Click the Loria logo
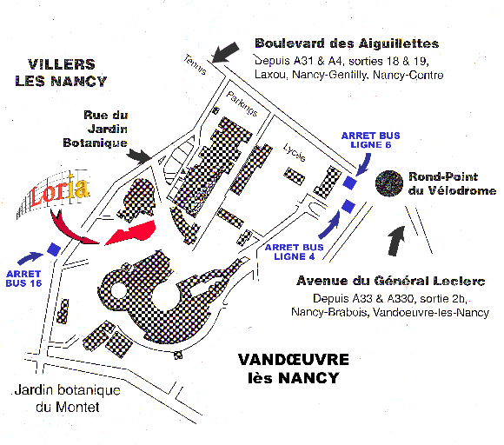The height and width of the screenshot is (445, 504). pyautogui.click(x=53, y=193)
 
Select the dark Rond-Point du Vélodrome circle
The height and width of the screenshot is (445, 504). pyautogui.click(x=389, y=183)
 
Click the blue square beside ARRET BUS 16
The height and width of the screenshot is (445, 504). pyautogui.click(x=54, y=249)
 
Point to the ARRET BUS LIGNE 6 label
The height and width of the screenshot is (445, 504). pyautogui.click(x=370, y=140)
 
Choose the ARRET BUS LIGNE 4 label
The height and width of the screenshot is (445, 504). pyautogui.click(x=294, y=252)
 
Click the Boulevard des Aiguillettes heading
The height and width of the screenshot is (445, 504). pyautogui.click(x=347, y=43)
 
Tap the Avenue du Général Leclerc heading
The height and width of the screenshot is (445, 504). pyautogui.click(x=390, y=281)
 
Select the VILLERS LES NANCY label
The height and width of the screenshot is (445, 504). pyautogui.click(x=61, y=73)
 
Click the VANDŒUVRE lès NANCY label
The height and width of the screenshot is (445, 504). pyautogui.click(x=294, y=369)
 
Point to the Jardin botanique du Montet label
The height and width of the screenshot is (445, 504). pyautogui.click(x=68, y=398)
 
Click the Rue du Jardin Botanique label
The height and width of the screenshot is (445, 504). pyautogui.click(x=96, y=129)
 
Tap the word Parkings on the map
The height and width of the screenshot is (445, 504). pyautogui.click(x=242, y=103)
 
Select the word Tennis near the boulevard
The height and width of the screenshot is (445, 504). pyautogui.click(x=196, y=64)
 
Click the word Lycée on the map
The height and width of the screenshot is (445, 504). pyautogui.click(x=294, y=153)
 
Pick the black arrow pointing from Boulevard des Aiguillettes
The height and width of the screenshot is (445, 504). pyautogui.click(x=226, y=52)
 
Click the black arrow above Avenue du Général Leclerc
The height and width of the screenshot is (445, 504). pyautogui.click(x=396, y=241)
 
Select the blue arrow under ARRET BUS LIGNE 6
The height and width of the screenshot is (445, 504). pyautogui.click(x=364, y=164)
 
